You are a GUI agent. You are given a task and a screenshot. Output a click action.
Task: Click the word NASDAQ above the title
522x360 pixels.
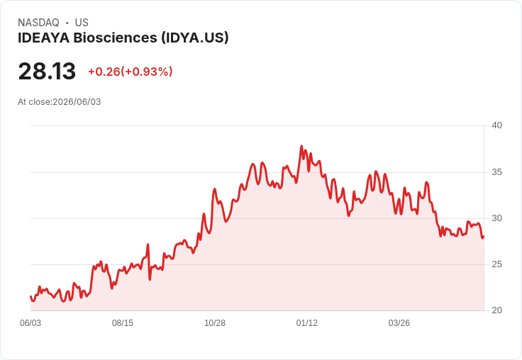click(x=38, y=23)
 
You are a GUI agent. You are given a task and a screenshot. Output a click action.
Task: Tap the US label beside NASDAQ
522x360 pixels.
click(x=82, y=23)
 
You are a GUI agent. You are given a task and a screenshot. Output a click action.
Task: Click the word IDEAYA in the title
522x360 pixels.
click(x=43, y=38)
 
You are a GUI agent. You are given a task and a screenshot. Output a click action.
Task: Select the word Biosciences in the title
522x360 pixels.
click(x=115, y=38)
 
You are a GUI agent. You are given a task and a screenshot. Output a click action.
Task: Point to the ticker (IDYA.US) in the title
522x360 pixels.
click(x=195, y=38)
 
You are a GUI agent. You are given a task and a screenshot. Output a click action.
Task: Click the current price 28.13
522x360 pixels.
click(x=47, y=71)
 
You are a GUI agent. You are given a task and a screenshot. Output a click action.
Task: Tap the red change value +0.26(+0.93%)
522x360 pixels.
click(x=130, y=72)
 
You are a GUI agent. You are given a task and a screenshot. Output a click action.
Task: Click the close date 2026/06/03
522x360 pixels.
click(x=77, y=102)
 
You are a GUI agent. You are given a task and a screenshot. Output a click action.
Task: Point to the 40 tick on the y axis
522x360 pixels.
click(x=496, y=125)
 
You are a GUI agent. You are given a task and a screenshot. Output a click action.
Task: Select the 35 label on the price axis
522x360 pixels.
click(x=496, y=172)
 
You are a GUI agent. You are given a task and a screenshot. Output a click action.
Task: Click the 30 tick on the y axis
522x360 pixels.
click(x=496, y=218)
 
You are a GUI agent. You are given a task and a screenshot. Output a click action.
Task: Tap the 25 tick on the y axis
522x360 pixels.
click(x=496, y=264)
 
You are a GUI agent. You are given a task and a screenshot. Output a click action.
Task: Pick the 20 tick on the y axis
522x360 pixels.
click(x=496, y=310)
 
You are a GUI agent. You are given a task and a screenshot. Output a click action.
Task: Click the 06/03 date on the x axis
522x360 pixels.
click(x=30, y=323)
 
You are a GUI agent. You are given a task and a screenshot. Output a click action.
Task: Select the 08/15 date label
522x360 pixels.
click(x=123, y=323)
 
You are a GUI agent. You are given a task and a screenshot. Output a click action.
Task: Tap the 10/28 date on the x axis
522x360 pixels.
click(x=215, y=323)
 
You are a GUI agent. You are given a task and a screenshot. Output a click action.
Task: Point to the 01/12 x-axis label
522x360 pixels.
click(x=307, y=323)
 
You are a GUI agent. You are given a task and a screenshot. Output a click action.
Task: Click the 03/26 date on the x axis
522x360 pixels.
click(x=399, y=323)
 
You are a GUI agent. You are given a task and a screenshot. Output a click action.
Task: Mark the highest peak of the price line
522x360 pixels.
click(x=301, y=146)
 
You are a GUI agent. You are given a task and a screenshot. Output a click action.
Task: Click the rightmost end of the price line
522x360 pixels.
click(x=484, y=237)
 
